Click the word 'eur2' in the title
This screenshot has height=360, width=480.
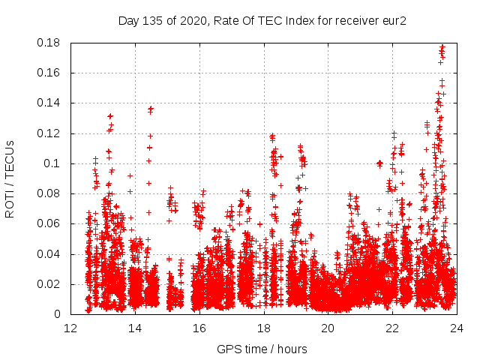393,20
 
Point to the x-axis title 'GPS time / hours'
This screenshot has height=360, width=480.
262,349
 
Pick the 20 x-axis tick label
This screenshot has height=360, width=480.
328,328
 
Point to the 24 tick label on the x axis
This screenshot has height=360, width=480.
457,328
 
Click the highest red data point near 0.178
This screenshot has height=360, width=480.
442,46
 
